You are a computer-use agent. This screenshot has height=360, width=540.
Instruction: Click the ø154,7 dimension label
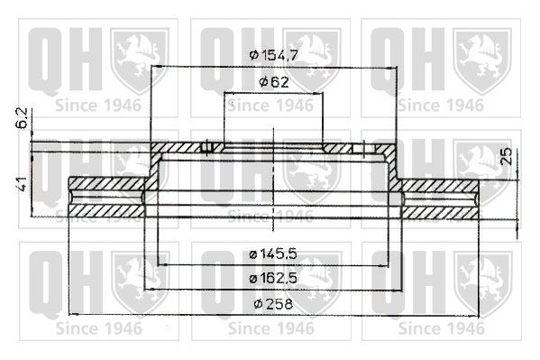click(x=273, y=54)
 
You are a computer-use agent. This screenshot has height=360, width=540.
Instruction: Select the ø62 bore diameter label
click(x=274, y=82)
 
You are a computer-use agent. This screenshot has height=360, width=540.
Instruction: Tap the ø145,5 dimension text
click(x=273, y=254)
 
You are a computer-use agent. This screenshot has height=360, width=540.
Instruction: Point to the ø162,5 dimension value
click(x=273, y=278)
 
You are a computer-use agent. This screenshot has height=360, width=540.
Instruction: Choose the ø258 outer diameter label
click(x=273, y=304)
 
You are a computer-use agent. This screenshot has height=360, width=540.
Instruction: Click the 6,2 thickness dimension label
click(x=22, y=118)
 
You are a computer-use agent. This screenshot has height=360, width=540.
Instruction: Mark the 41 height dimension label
click(x=22, y=184)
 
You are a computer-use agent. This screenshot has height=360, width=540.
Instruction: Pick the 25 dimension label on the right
click(x=506, y=156)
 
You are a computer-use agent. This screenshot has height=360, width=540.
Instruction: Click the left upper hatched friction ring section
click(x=107, y=183)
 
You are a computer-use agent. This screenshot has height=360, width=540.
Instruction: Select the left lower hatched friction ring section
click(x=106, y=211)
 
